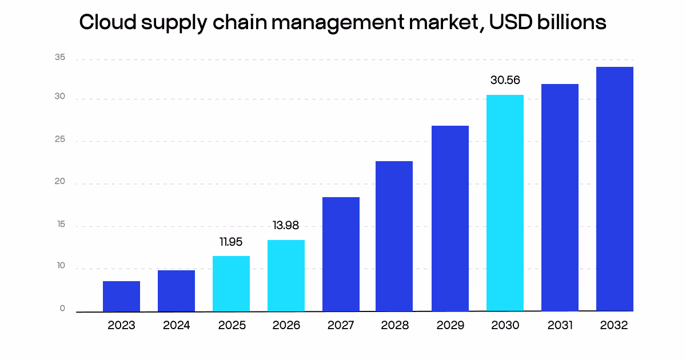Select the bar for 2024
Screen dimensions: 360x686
(x=176, y=291)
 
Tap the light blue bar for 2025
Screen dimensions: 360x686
(x=231, y=283)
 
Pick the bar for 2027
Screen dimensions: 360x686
(x=341, y=254)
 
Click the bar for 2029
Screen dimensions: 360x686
(x=450, y=218)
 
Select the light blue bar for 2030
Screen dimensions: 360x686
(x=505, y=203)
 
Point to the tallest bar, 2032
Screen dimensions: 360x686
(x=615, y=189)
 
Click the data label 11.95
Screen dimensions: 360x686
(x=231, y=242)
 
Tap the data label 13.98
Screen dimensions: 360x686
(x=286, y=226)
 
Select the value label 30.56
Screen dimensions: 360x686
(x=505, y=81)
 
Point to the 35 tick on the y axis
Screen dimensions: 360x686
(x=60, y=58)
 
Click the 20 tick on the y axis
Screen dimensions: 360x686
(x=60, y=183)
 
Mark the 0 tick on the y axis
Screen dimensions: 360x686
(x=62, y=309)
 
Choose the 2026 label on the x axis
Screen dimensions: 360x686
(x=286, y=326)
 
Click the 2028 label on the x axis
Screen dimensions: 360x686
(x=395, y=326)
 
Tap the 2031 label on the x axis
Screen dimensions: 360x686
(x=560, y=326)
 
